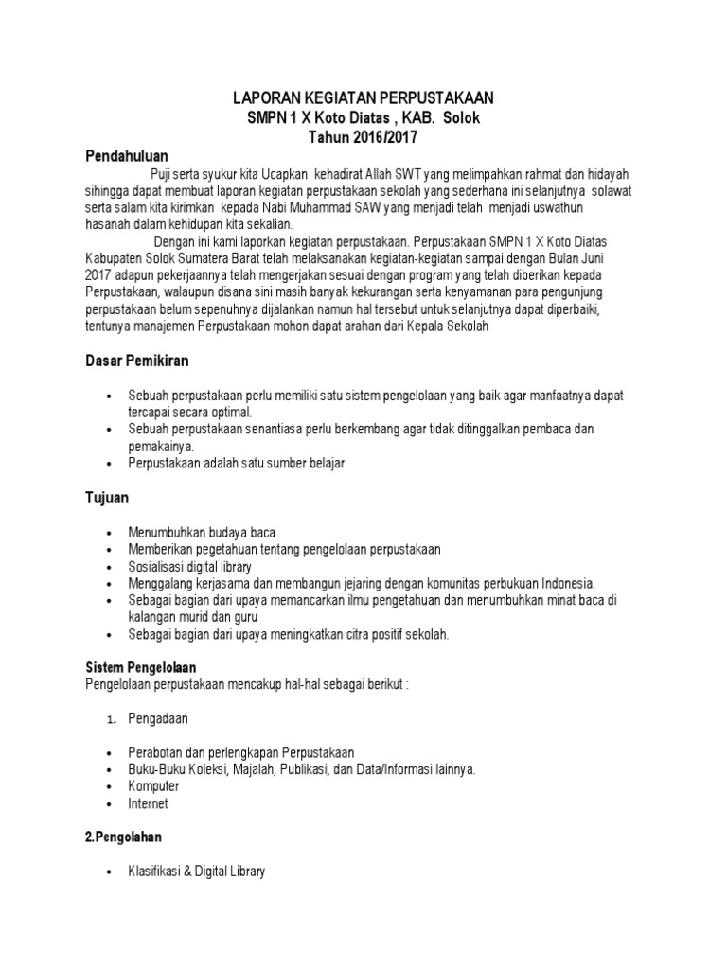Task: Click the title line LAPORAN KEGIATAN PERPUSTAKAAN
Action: pos(363,97)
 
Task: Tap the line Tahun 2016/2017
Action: pos(363,136)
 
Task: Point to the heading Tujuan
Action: pos(107,497)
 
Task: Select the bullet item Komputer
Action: pos(154,786)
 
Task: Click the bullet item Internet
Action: pos(149,803)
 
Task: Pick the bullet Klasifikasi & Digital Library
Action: pos(197,871)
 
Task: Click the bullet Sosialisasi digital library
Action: pos(190,566)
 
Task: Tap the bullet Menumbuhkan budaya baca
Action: pos(202,532)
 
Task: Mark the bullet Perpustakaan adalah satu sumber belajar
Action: pos(238,463)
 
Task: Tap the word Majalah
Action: pos(250,769)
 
